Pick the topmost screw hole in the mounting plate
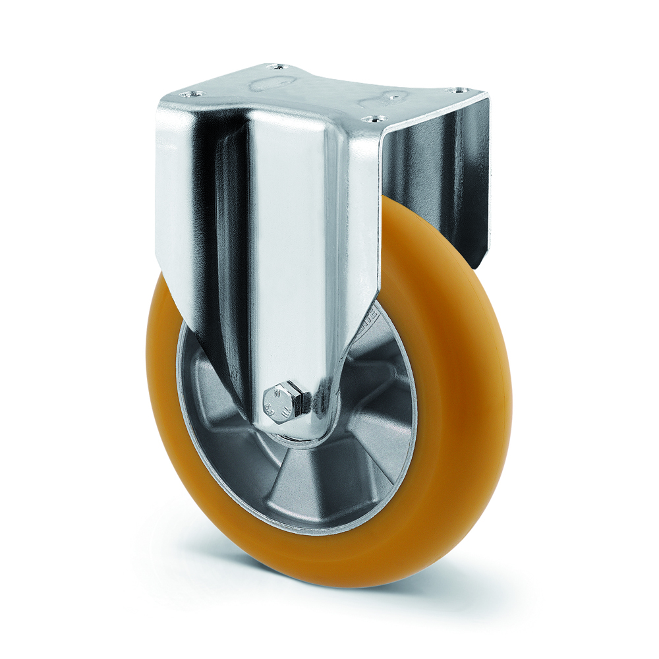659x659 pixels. pyautogui.click(x=278, y=67)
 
